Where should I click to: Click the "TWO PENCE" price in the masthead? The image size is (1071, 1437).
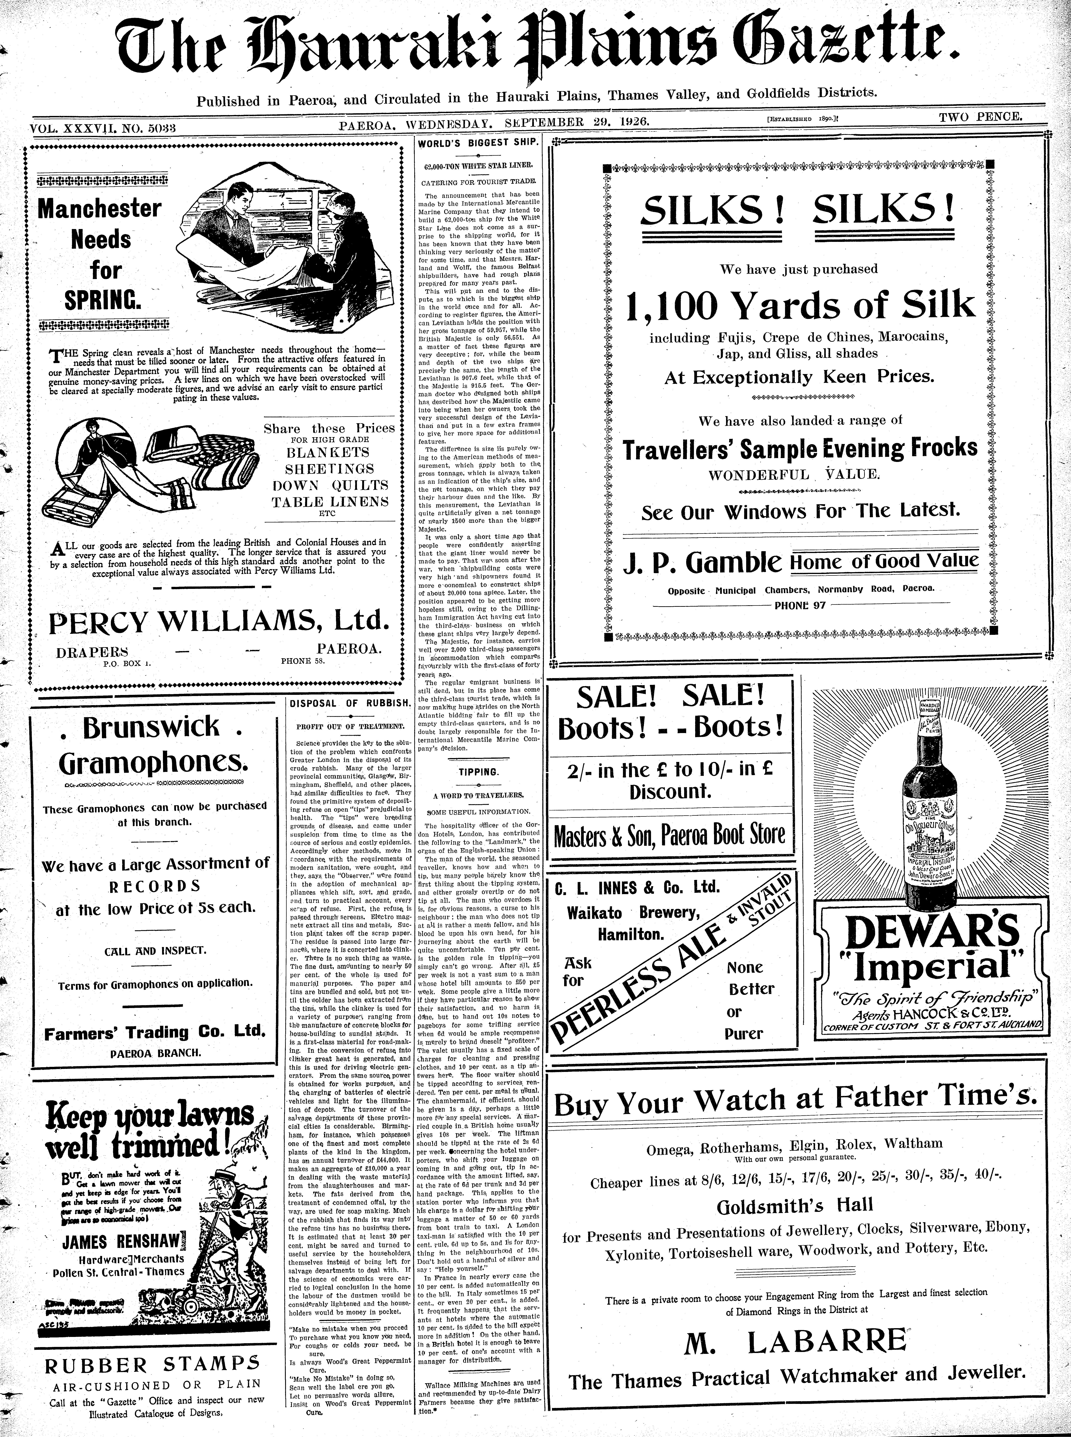point(980,117)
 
